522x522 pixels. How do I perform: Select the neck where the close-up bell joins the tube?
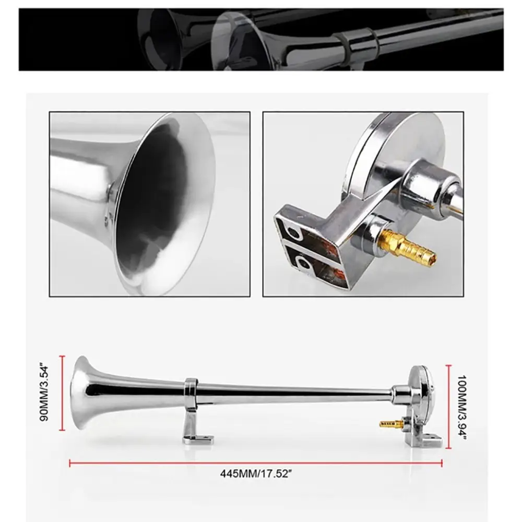click(111, 193)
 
